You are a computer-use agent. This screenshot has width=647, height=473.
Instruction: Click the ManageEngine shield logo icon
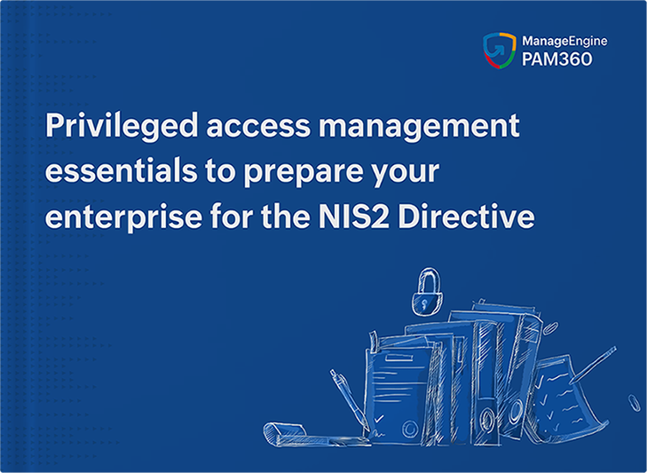click(500, 50)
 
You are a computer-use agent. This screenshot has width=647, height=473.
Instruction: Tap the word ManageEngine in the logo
click(564, 42)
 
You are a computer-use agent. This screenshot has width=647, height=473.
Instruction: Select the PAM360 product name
click(556, 59)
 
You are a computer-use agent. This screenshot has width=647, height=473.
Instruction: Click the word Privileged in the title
click(122, 126)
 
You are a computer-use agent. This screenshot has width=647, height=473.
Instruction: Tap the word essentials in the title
click(121, 171)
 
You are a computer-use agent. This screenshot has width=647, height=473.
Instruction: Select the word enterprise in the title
click(123, 217)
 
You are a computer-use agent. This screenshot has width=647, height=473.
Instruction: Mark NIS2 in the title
click(353, 217)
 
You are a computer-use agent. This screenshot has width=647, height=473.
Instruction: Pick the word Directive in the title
click(466, 216)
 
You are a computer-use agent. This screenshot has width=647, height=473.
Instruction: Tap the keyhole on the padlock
click(424, 304)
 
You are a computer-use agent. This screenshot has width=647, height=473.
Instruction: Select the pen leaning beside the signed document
click(349, 399)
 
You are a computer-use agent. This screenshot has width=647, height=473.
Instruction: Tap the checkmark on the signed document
click(379, 420)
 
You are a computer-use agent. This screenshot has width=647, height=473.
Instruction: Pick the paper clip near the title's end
click(550, 328)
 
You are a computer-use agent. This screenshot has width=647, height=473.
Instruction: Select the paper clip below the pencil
click(634, 403)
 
